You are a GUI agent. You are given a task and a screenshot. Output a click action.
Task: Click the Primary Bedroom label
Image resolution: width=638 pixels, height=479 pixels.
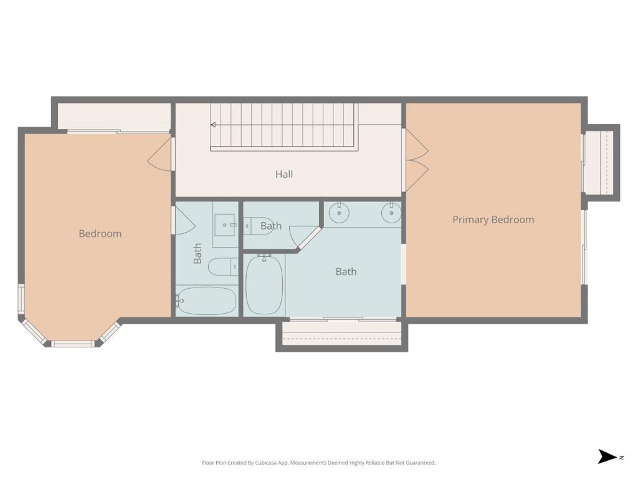[x=493, y=220]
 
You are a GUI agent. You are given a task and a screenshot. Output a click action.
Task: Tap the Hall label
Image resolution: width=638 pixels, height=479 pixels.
[x=284, y=175]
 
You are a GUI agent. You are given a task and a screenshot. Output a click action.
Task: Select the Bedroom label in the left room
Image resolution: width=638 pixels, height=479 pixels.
[x=100, y=233]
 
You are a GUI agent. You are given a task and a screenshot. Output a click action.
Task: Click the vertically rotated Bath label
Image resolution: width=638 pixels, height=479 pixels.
[x=198, y=253]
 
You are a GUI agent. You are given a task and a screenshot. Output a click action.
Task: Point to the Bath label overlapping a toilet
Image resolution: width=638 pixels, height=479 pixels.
[x=271, y=226]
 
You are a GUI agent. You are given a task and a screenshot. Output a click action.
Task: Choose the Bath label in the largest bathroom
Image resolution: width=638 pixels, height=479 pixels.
[x=346, y=272]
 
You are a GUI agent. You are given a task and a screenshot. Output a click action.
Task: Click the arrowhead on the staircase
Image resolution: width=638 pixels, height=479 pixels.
[x=213, y=125]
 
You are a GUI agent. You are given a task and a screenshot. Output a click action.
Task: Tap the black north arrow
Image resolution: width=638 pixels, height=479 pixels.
[x=607, y=457]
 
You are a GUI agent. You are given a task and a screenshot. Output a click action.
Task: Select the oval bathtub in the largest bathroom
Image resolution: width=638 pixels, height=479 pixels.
[x=264, y=285]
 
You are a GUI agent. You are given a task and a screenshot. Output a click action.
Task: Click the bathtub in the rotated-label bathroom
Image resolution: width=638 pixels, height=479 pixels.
[x=207, y=301]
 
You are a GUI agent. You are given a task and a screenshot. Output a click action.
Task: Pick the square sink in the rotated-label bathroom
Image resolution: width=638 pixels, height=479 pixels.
[x=225, y=225]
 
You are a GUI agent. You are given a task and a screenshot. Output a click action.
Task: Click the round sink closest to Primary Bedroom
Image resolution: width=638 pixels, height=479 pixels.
[x=391, y=213]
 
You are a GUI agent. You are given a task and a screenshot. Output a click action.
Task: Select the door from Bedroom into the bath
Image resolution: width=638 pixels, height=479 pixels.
[x=184, y=220]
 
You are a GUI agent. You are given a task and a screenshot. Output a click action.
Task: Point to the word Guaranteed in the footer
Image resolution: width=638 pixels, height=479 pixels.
[x=423, y=463]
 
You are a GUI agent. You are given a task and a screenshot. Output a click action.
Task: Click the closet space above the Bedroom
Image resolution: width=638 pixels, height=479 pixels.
[x=113, y=117]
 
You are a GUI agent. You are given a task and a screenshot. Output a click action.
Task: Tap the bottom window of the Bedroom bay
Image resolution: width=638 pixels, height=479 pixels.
[x=73, y=344]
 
